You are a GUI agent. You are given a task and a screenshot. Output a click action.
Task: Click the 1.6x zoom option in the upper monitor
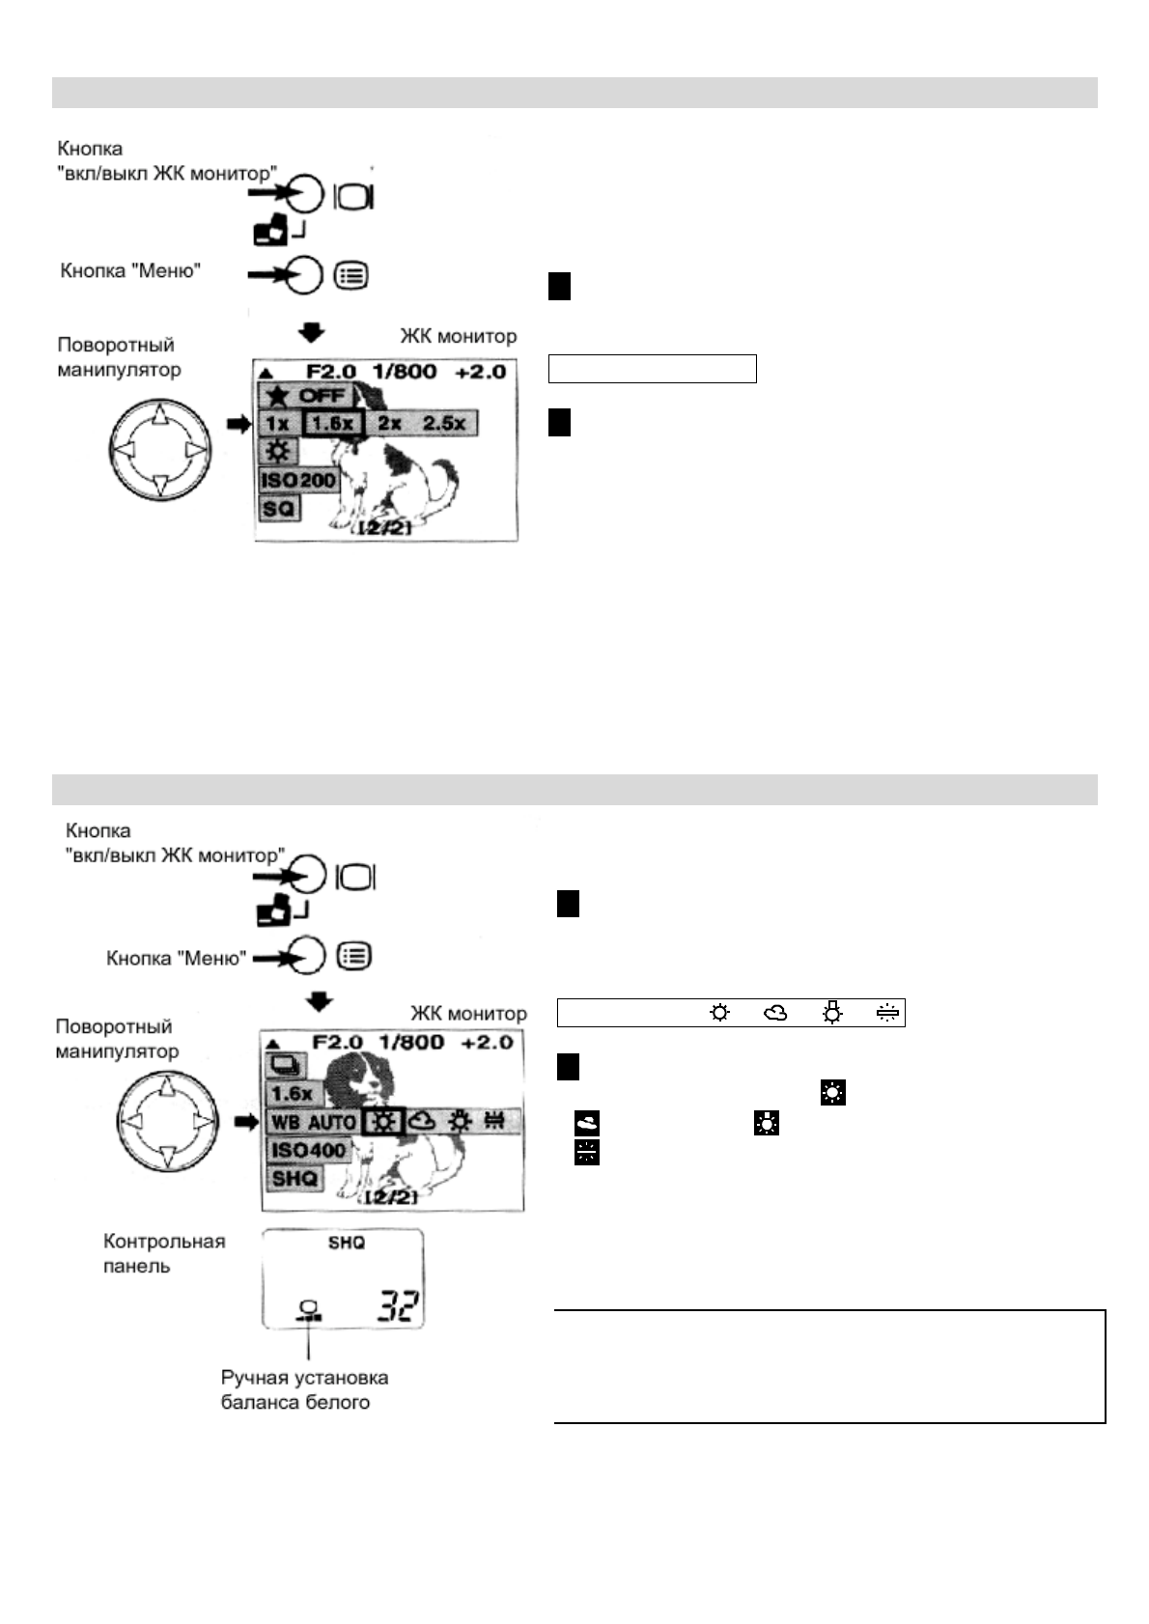pyautogui.click(x=333, y=423)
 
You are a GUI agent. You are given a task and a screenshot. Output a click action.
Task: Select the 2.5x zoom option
pyautogui.click(x=444, y=423)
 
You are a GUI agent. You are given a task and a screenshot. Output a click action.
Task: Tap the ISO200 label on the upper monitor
pyautogui.click(x=298, y=480)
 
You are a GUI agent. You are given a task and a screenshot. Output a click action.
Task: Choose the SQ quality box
pyautogui.click(x=279, y=507)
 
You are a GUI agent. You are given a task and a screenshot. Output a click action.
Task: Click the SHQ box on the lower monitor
pyautogui.click(x=294, y=1179)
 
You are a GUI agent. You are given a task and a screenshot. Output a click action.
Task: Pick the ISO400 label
pyautogui.click(x=307, y=1150)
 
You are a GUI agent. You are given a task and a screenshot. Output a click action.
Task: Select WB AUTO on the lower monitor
pyautogui.click(x=313, y=1122)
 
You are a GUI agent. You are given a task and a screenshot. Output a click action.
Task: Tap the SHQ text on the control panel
pyautogui.click(x=346, y=1243)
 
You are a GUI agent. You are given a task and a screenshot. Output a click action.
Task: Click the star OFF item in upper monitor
pyautogui.click(x=307, y=395)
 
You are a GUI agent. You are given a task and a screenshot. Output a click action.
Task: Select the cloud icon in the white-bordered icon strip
pyautogui.click(x=775, y=1013)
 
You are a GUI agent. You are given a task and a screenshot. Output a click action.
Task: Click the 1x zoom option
pyautogui.click(x=278, y=423)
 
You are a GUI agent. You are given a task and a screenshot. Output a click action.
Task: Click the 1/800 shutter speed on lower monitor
pyautogui.click(x=411, y=1042)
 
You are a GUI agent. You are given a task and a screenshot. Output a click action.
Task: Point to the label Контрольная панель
pyautogui.click(x=163, y=1253)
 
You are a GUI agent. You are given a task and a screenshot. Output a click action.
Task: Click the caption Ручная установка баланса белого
pyautogui.click(x=303, y=1390)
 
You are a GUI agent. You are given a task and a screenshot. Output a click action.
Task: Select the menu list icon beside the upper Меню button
pyautogui.click(x=351, y=275)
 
